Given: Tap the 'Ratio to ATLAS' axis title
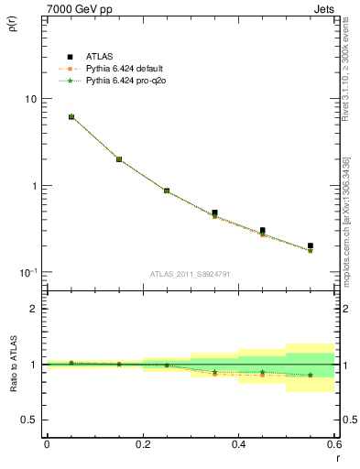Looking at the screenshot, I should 16,366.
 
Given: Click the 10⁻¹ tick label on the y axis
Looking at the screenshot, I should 27,272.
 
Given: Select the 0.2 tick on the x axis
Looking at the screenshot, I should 143,444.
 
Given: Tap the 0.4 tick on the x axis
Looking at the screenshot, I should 239,444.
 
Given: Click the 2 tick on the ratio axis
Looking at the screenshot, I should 34,309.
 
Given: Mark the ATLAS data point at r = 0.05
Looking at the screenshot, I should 71,117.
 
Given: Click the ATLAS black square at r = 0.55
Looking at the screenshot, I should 311,245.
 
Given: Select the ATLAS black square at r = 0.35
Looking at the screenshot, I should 214,213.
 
